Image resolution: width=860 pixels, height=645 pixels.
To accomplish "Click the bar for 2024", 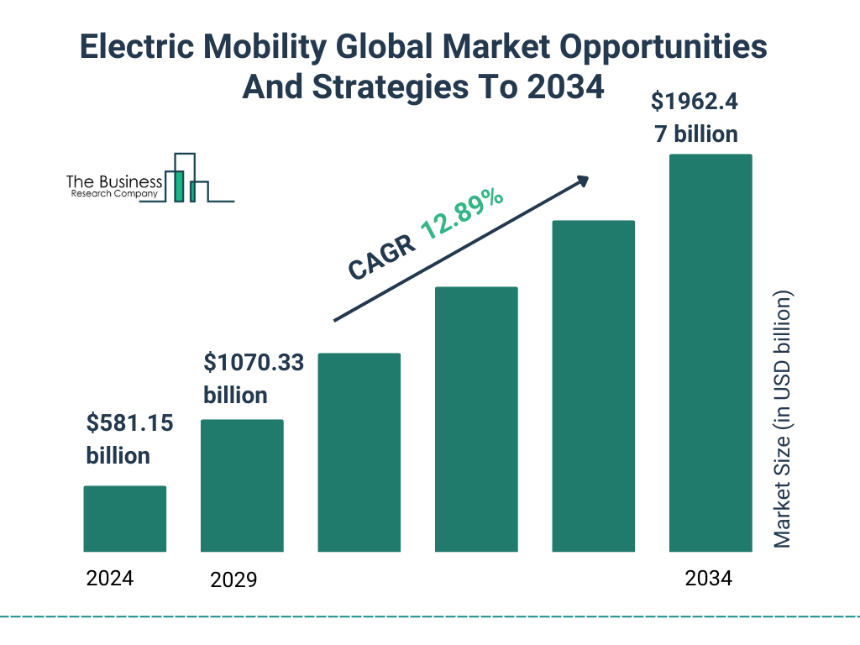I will pos(125,519).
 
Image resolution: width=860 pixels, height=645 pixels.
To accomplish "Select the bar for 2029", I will pos(242,485).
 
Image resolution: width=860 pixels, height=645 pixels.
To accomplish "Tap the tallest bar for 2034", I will pos(710,353).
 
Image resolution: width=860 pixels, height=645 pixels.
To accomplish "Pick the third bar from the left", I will pos(359,453).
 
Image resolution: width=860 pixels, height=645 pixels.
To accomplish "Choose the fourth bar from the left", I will pos(476,419).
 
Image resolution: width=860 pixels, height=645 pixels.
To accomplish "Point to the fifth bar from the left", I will pos(593,386).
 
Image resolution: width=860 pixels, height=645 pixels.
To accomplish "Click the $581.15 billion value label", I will pos(129,439).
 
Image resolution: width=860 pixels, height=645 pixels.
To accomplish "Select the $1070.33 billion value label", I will pos(254,379).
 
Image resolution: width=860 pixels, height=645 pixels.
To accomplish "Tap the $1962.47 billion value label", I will pos(695,118).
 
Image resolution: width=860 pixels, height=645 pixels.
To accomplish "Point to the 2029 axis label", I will pos(233,579).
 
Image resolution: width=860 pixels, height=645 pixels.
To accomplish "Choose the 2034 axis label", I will pos(708,578).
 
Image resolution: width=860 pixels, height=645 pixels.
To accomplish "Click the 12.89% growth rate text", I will pos(462,214).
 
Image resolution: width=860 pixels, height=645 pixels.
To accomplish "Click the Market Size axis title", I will pos(783,420).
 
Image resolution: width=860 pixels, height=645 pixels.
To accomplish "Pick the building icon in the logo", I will pos(186,178).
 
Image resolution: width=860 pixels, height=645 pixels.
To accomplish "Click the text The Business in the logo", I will pos(114,181).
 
